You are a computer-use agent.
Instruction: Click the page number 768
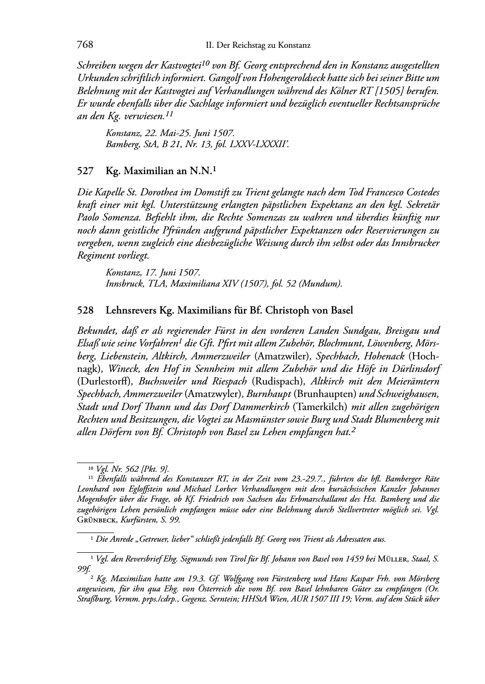pos(85,45)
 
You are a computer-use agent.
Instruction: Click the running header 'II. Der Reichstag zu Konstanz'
pos(257,45)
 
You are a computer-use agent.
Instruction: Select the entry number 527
pos(85,170)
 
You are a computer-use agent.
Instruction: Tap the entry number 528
pos(85,310)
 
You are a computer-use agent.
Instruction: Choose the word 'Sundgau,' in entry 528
pos(367,331)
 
